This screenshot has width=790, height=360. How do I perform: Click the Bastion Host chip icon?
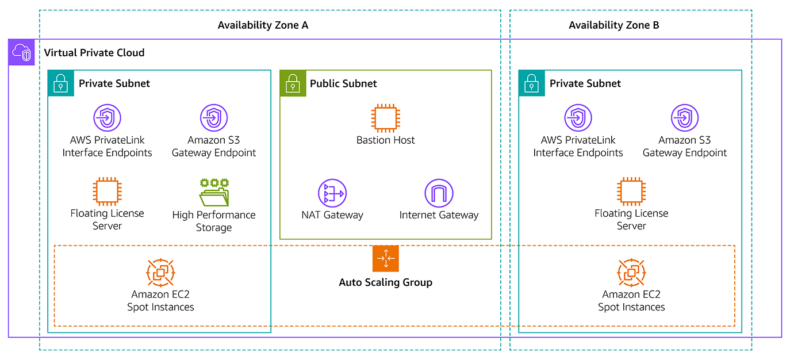385,118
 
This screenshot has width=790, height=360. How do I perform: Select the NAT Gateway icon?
332,193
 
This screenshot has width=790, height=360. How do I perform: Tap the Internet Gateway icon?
439,193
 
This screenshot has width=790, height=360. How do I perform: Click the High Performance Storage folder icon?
214,193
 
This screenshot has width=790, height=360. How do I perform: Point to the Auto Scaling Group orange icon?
385,259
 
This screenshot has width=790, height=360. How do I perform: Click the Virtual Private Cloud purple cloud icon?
22,53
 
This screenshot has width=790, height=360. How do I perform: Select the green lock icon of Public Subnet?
293,83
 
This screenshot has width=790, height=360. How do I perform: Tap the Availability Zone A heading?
263,25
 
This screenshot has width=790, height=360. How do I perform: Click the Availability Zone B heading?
613,25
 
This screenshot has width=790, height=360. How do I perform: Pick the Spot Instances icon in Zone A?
160,273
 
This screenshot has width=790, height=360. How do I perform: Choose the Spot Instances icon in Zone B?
631,273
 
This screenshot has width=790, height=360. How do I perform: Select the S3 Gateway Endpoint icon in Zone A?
214,118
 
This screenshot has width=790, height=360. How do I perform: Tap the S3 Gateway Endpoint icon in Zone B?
685,118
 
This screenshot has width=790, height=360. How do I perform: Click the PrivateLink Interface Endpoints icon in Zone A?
107,118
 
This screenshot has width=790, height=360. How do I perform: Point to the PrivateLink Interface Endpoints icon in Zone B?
578,118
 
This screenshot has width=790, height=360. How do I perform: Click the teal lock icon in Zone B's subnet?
532,83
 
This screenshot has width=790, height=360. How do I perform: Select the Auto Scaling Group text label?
385,282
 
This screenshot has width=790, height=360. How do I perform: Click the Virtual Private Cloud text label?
94,53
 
